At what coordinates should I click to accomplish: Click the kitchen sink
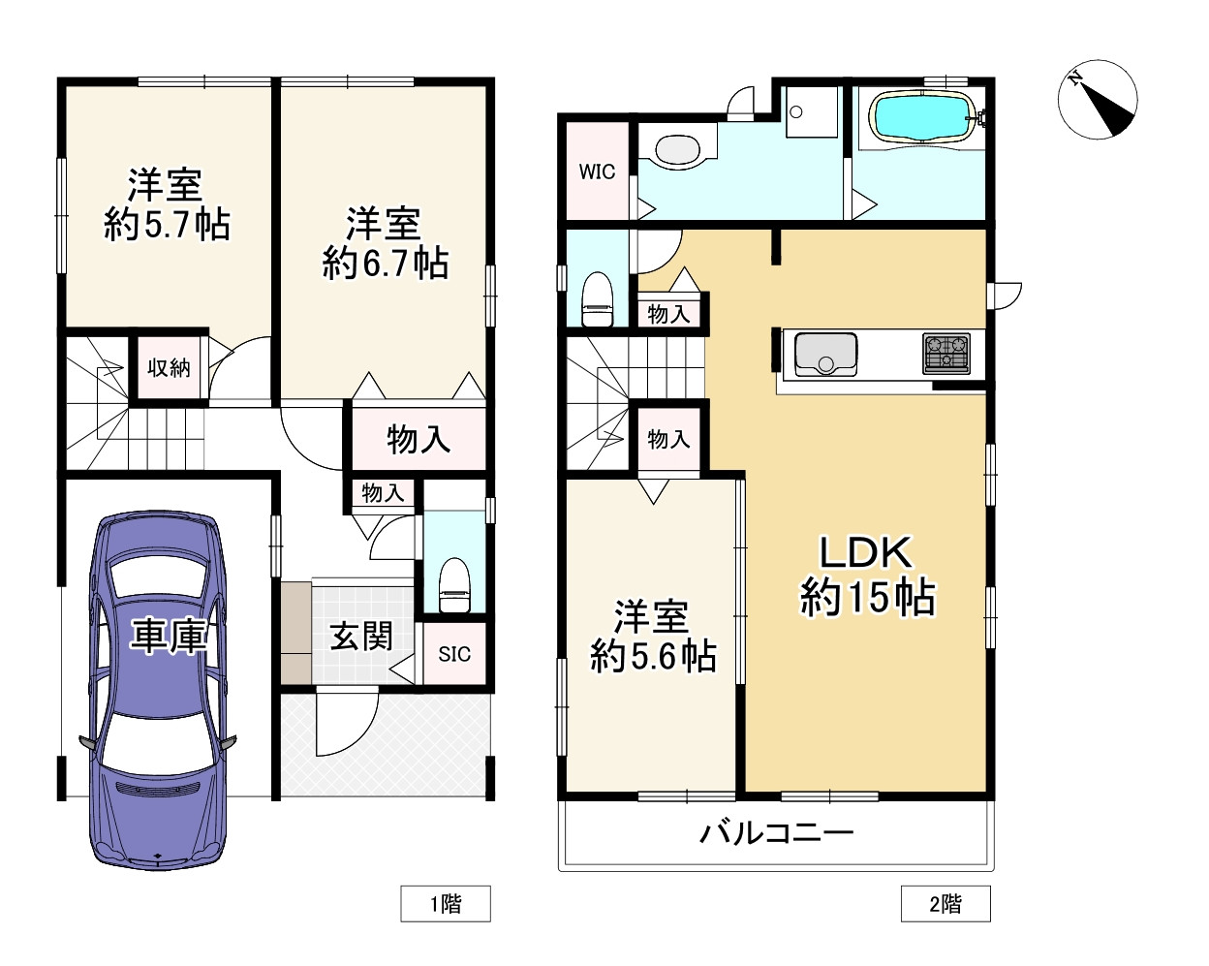825,354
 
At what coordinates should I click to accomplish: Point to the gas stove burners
945,354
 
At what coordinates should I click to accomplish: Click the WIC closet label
597,172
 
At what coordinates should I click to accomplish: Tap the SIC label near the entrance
454,655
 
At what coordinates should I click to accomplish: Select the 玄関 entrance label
361,637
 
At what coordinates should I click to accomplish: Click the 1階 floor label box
446,904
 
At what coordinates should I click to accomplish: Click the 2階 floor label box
945,904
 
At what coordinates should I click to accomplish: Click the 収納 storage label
169,368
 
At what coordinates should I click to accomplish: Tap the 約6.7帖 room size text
385,264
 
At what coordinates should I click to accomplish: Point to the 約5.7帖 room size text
167,226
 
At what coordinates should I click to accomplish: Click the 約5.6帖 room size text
653,657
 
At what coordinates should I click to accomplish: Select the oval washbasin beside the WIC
677,150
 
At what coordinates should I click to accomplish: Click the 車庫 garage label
169,637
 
